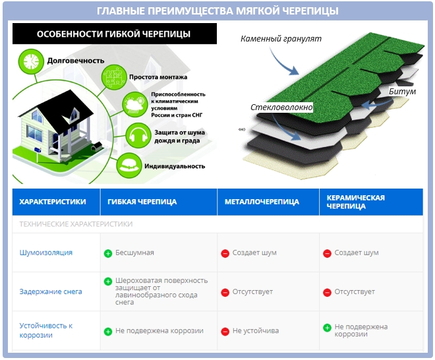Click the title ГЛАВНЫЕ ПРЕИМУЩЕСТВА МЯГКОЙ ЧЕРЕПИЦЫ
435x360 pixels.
point(217,11)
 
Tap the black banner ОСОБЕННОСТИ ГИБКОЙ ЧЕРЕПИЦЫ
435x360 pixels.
point(113,34)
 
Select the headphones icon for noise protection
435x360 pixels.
point(137,136)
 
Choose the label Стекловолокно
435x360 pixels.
point(281,107)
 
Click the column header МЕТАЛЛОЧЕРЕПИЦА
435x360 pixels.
point(262,202)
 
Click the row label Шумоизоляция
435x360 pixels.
point(46,253)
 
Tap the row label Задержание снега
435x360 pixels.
point(51,291)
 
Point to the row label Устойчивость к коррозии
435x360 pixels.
point(46,330)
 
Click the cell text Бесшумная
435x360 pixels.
point(134,253)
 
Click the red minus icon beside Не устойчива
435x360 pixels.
point(225,331)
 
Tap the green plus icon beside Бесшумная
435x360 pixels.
point(108,253)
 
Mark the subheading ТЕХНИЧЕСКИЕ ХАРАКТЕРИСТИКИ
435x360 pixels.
point(76,224)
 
